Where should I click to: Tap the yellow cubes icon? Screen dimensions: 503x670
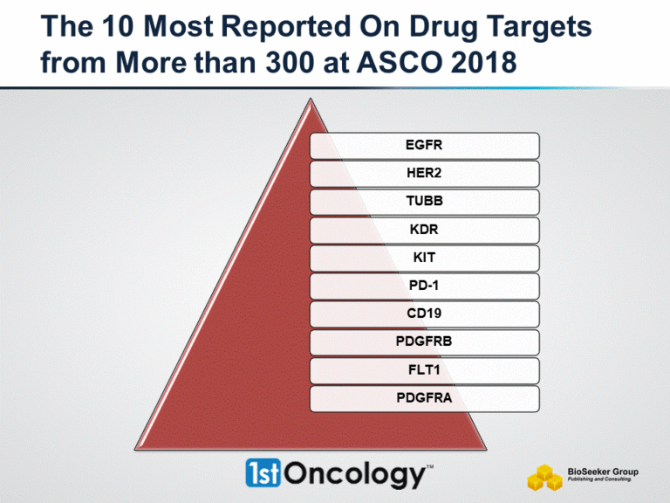pyautogui.click(x=544, y=476)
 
